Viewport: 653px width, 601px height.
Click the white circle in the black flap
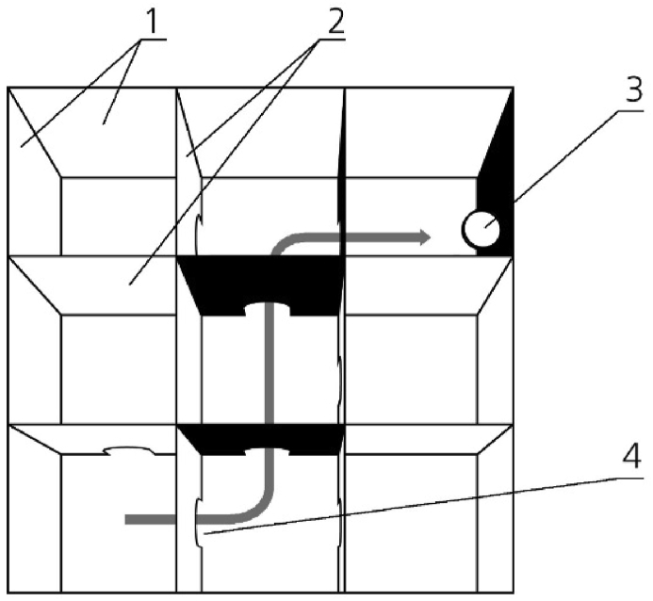click(x=482, y=229)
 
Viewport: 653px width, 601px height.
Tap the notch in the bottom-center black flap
click(x=269, y=451)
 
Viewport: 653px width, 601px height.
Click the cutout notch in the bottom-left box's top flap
click(x=133, y=451)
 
